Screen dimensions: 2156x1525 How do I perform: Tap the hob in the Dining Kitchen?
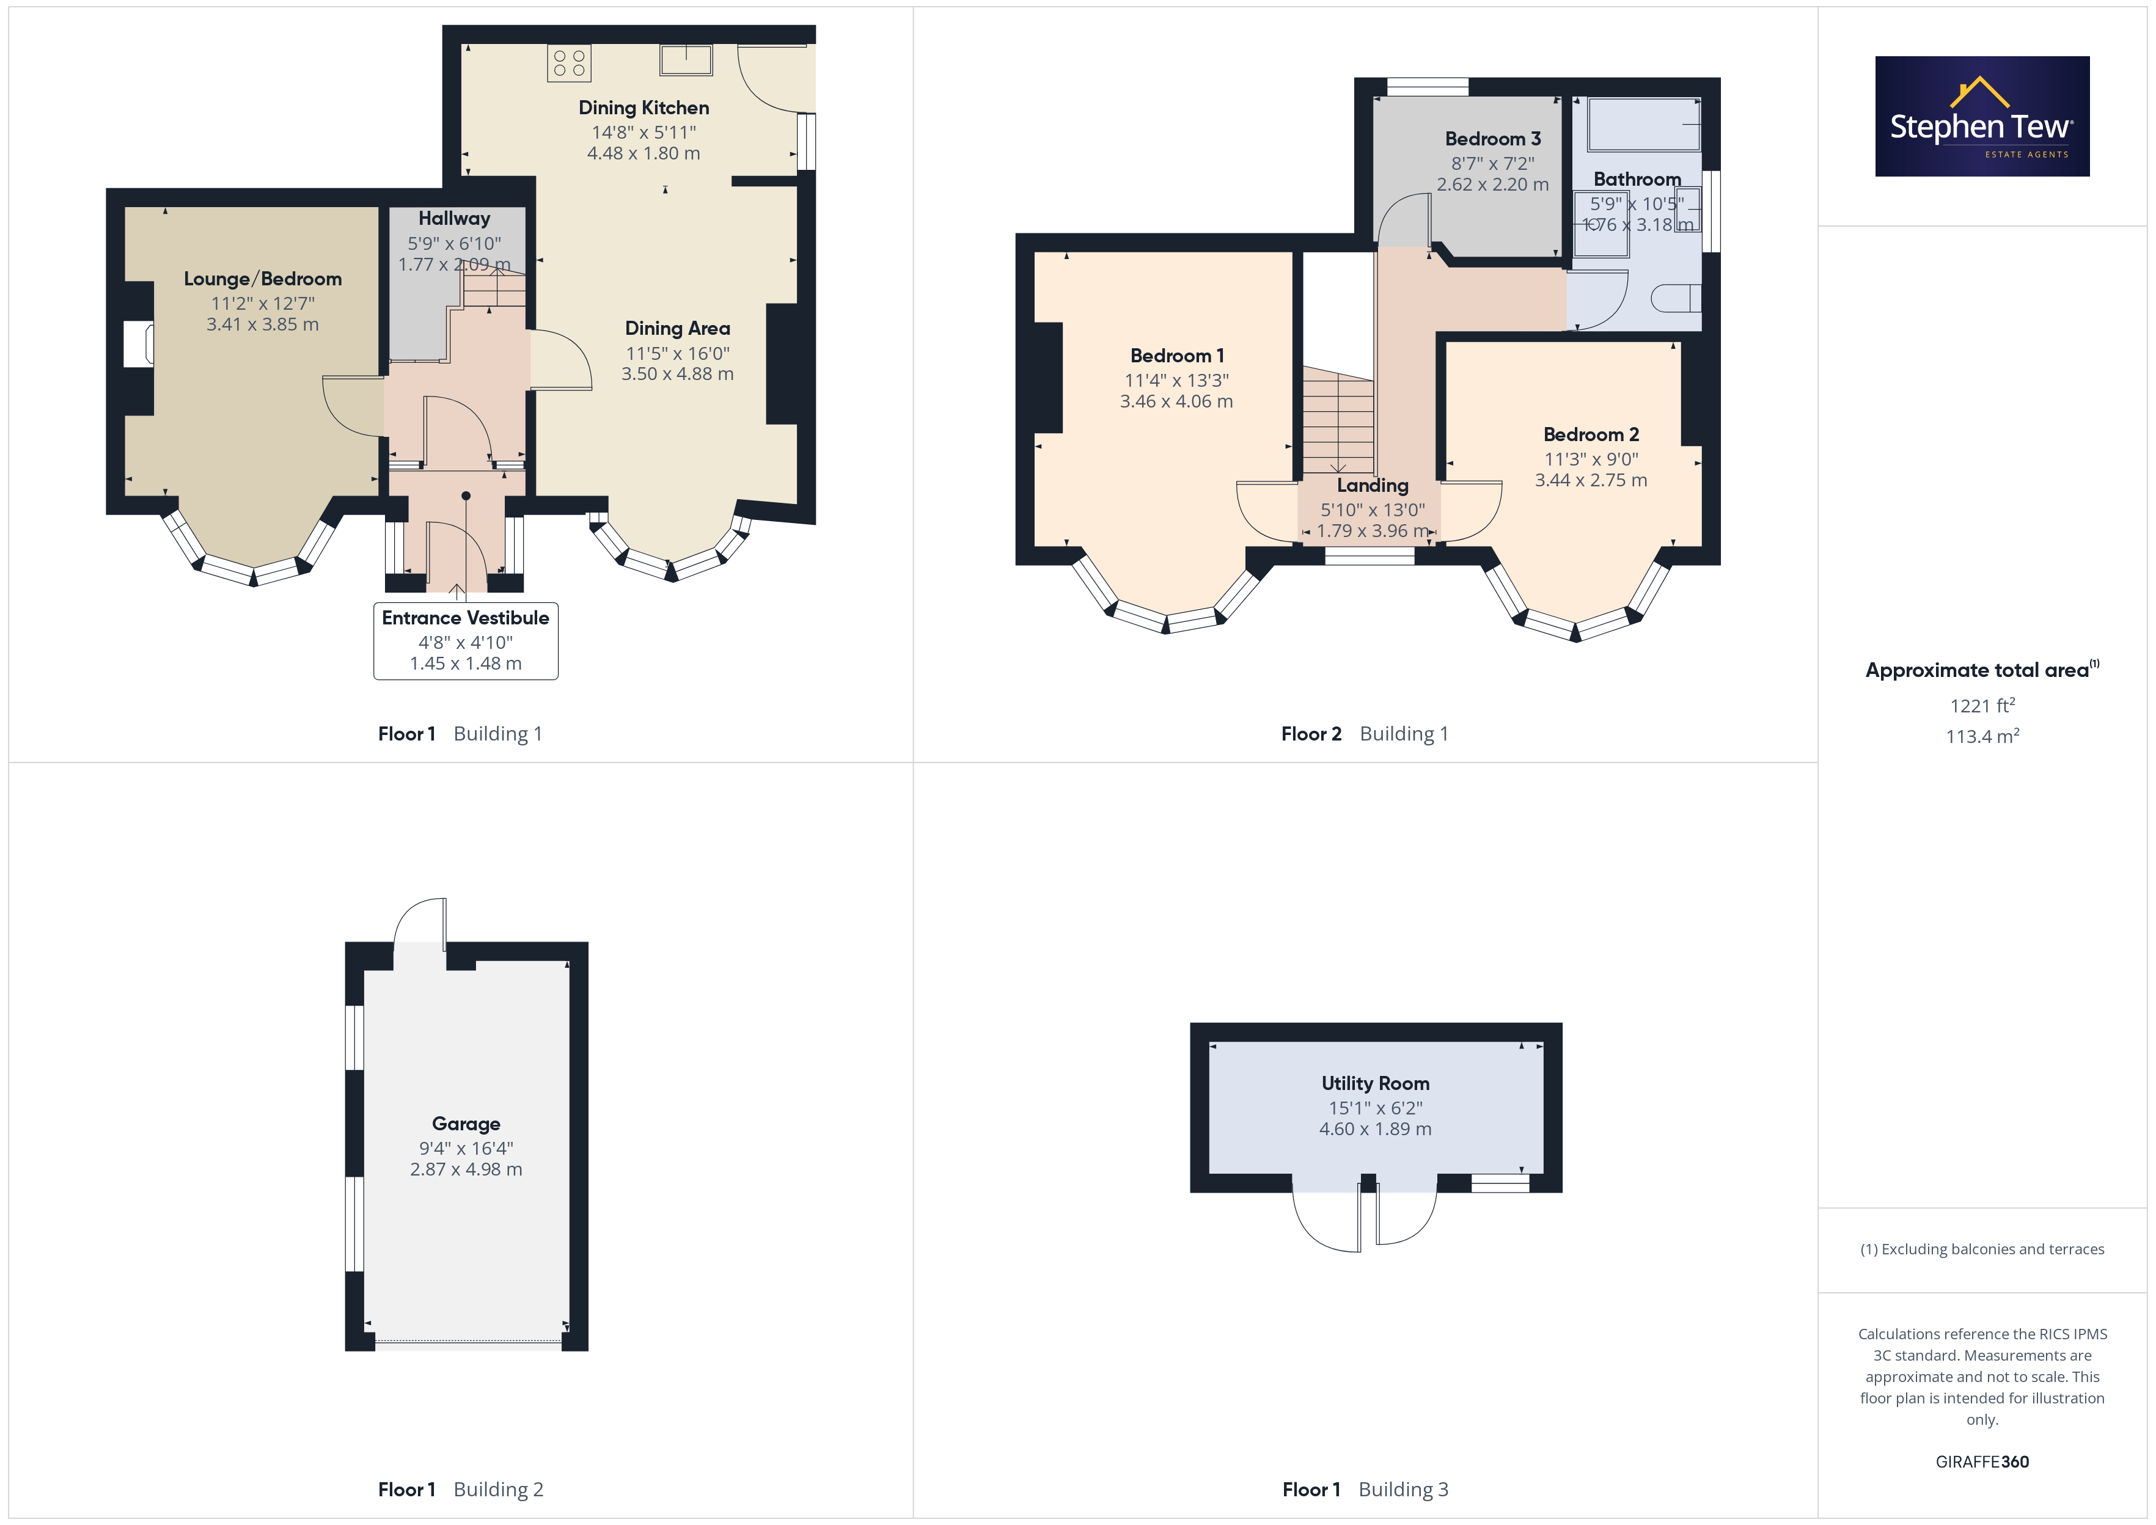(569, 63)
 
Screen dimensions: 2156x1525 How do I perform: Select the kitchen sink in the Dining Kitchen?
(686, 59)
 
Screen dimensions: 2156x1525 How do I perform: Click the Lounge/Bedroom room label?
(263, 279)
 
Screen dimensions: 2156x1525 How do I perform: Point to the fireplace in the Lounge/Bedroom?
(139, 345)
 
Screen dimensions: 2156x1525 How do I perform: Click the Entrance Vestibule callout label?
(466, 640)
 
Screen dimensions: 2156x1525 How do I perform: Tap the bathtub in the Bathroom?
(1643, 125)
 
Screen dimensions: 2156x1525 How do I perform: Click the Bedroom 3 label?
(1493, 139)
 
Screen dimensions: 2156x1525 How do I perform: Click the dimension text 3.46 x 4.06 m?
(1176, 402)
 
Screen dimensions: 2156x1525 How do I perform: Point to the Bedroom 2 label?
(1592, 435)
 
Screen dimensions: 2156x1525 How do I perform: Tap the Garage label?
(466, 1124)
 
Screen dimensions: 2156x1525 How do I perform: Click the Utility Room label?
(1376, 1084)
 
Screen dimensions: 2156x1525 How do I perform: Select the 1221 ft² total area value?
(1982, 705)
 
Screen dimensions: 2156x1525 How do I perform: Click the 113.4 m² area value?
(1982, 736)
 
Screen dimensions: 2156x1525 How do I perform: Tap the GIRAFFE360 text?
(1982, 1462)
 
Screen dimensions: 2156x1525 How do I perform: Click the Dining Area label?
(678, 329)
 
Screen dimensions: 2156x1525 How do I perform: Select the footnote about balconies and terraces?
(1982, 1249)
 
